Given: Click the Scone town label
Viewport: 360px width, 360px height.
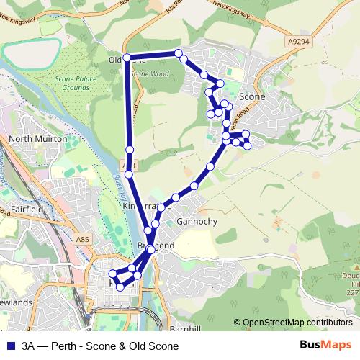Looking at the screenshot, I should pyautogui.click(x=251, y=96).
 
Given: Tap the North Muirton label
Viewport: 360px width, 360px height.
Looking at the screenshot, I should pyautogui.click(x=37, y=138).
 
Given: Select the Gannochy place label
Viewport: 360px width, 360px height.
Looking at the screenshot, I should pyautogui.click(x=197, y=221).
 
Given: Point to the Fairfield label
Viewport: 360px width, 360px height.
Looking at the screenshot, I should pyautogui.click(x=30, y=209).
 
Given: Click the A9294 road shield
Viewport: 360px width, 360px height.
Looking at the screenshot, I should pyautogui.click(x=299, y=42).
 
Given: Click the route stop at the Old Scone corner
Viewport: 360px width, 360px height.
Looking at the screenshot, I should pyautogui.click(x=127, y=57).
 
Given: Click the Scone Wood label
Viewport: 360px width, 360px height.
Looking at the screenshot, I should pyautogui.click(x=150, y=73).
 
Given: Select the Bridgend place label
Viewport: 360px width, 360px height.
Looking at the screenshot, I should pyautogui.click(x=156, y=246).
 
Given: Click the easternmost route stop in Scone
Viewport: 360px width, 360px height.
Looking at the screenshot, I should pyautogui.click(x=247, y=145).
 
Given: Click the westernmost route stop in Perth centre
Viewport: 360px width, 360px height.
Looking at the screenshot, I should pyautogui.click(x=112, y=274).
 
